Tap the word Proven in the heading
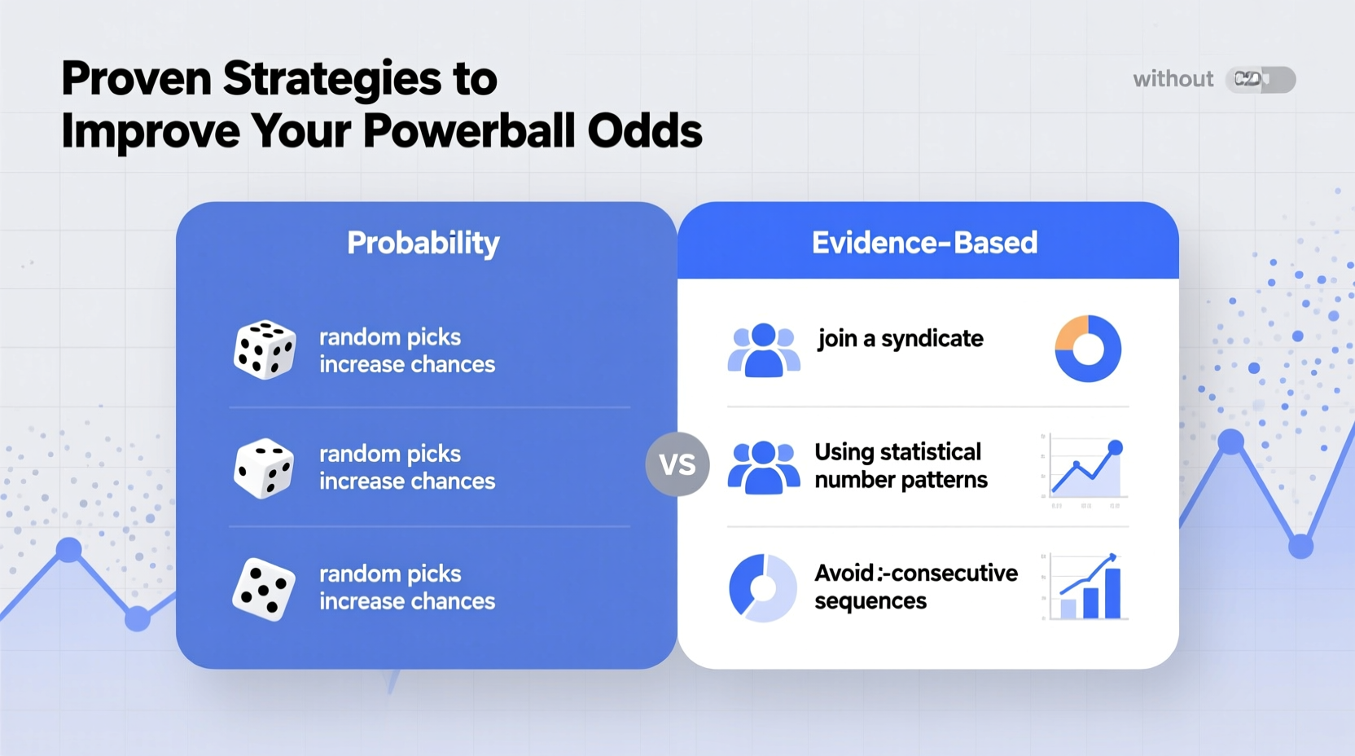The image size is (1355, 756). coord(136,79)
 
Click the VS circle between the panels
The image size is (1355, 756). coord(677,464)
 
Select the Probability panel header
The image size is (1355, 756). coord(423,243)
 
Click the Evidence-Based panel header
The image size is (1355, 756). coord(924,243)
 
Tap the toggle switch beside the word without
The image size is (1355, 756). coord(1260,79)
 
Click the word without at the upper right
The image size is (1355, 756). coord(1173,79)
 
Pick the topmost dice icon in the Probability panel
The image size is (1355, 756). coord(265,349)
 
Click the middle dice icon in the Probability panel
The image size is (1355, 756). coord(264,468)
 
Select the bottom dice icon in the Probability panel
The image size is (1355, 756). coord(264,588)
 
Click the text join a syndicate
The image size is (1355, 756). coord(900,339)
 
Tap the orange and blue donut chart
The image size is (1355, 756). coord(1088,349)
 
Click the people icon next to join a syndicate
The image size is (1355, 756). coord(763,350)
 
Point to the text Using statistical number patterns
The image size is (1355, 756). coord(900,466)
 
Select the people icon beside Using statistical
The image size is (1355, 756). coord(763,468)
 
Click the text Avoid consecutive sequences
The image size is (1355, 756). coord(914,587)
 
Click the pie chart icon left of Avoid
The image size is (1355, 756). coord(762,587)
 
